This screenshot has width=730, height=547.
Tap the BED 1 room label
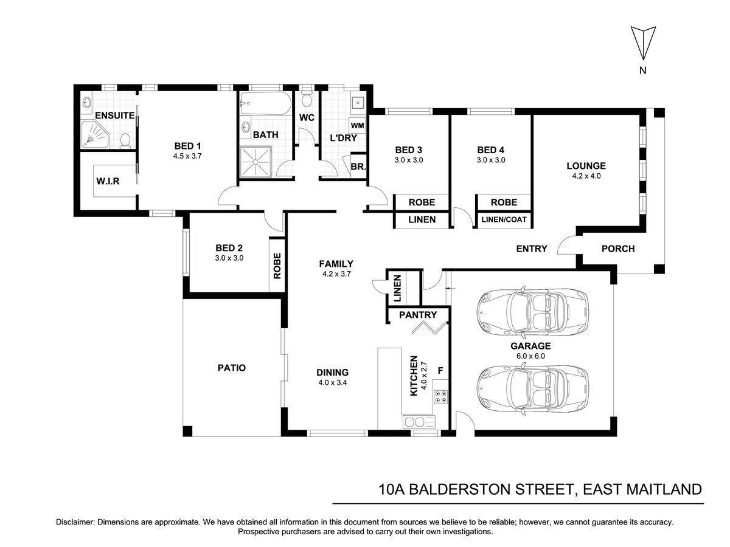point(187,146)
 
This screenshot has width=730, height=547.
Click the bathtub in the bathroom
point(265,103)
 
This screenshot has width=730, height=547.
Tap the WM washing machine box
point(358,126)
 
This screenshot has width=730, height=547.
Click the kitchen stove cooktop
point(440,396)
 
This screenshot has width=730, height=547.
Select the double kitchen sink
point(419,422)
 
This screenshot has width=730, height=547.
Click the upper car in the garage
point(532,312)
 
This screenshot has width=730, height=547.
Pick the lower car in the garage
point(532,389)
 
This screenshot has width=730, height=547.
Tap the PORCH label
point(618,249)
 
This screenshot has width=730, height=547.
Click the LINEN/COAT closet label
point(504,219)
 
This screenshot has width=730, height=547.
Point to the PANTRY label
point(418,314)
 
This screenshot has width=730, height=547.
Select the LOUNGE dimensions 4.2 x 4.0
point(586,176)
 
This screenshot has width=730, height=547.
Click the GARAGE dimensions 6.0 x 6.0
point(530,356)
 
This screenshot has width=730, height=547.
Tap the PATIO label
point(232,368)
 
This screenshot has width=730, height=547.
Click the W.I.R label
point(108,181)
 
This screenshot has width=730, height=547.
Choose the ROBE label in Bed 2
point(277,266)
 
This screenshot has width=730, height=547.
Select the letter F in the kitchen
point(440,370)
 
